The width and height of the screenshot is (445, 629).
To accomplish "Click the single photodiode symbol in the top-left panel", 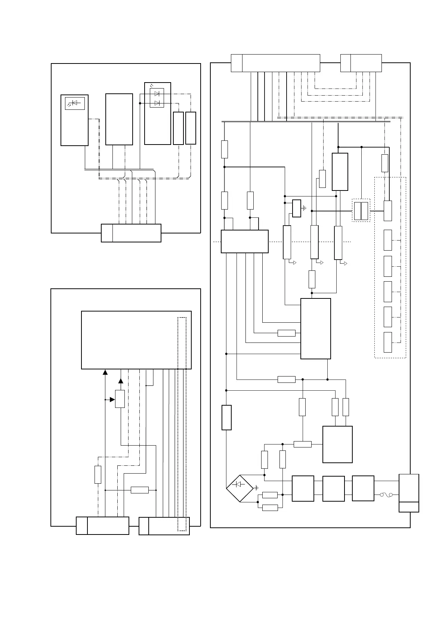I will point(75,103).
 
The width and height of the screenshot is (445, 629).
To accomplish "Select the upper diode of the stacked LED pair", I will point(157,93).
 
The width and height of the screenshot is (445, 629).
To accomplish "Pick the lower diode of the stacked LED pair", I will point(157,103).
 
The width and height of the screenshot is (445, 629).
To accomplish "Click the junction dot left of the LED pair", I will point(140,103).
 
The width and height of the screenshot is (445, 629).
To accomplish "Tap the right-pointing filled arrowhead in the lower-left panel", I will point(112,400).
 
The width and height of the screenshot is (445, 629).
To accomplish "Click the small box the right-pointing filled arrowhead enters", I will point(120,399).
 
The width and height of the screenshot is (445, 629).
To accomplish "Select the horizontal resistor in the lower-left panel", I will point(140,490).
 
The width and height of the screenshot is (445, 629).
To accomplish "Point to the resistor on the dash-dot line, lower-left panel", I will point(98,475).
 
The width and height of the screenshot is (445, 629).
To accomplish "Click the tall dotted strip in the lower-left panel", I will point(182,424).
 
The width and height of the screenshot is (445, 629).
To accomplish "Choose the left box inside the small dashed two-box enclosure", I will point(358,211).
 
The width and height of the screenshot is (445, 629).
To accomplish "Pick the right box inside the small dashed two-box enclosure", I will point(365,211).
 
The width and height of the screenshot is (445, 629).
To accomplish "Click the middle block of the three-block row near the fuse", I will point(333,489).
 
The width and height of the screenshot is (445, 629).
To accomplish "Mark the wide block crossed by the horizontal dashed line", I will point(245,241).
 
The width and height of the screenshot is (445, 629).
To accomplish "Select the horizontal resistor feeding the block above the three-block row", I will point(302,444).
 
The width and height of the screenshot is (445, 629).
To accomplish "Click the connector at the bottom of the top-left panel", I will point(131,233).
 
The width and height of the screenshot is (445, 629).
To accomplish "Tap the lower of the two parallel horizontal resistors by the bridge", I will point(270,508).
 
